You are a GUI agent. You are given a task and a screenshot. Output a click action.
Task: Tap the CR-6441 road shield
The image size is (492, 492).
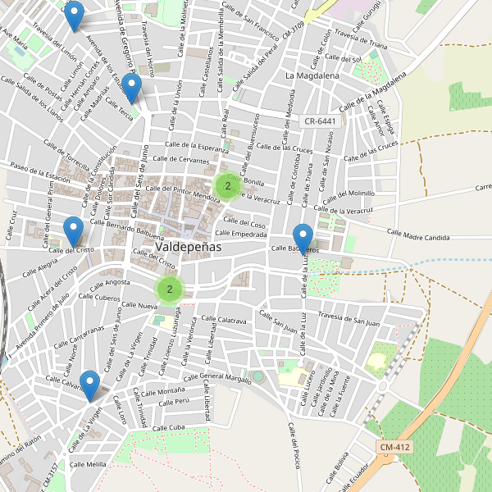pos(320,121)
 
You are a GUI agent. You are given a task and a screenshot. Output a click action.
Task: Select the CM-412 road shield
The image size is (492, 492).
pos(395,447)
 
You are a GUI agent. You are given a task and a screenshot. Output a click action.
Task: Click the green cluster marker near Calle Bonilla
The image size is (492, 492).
pos(228,186)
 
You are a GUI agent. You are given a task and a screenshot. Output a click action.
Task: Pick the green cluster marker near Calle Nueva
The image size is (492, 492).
pos(170,289)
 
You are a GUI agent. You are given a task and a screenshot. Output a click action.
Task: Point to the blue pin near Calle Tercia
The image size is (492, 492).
pos(130,87)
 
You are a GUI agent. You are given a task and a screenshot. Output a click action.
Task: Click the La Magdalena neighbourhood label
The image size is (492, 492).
pos(312,75)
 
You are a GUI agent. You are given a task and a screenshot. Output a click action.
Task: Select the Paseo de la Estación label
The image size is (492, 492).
pos(40,171)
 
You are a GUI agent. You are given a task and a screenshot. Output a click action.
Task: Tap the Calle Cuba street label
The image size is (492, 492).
pos(169,428)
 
